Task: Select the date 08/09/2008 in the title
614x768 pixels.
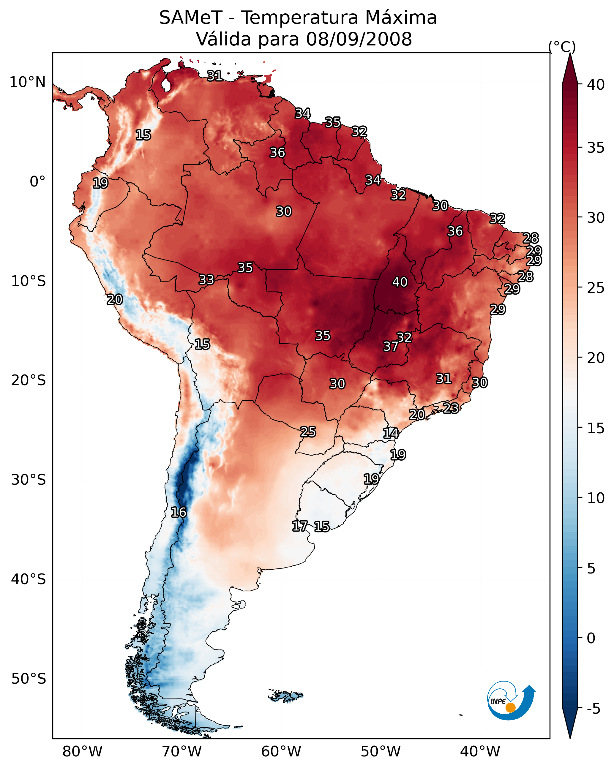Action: click(x=359, y=39)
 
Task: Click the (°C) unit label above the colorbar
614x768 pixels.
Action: click(x=562, y=47)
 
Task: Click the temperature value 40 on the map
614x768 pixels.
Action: click(x=400, y=282)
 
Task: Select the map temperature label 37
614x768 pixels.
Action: click(x=391, y=346)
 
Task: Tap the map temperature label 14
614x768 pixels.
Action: click(x=391, y=433)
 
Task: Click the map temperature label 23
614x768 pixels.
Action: click(x=451, y=408)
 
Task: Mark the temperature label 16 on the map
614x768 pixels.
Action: click(x=179, y=512)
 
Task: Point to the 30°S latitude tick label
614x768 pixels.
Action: click(x=29, y=480)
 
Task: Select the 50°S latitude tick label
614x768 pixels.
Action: click(x=29, y=679)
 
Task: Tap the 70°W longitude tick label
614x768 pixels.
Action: click(x=182, y=751)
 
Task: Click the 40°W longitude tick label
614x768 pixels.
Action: click(x=480, y=751)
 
